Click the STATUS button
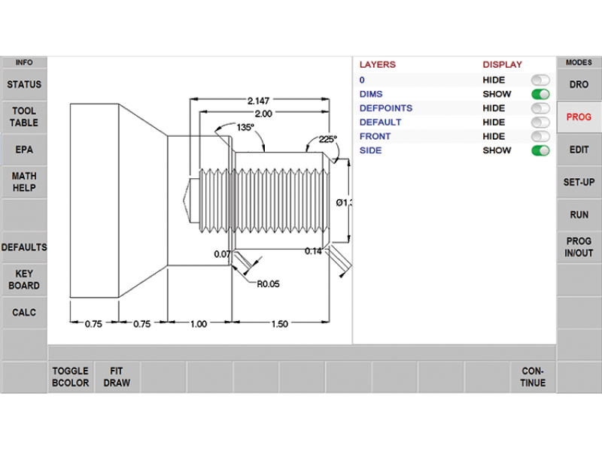[x=24, y=85]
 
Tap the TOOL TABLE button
[x=24, y=117]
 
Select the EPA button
[x=24, y=150]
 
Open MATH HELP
[x=24, y=182]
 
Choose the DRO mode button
[x=579, y=85]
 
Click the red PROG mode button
[x=579, y=117]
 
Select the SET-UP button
[x=579, y=182]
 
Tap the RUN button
[x=579, y=214]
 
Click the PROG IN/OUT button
[x=579, y=247]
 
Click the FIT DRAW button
[x=117, y=377]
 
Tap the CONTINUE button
[x=534, y=377]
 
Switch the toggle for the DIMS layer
[x=540, y=95]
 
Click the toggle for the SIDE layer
[x=540, y=150]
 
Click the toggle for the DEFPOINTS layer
[x=540, y=108]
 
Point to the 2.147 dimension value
[x=258, y=100]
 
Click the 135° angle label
[x=245, y=128]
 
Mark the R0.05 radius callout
[x=268, y=284]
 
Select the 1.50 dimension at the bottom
[x=278, y=324]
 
